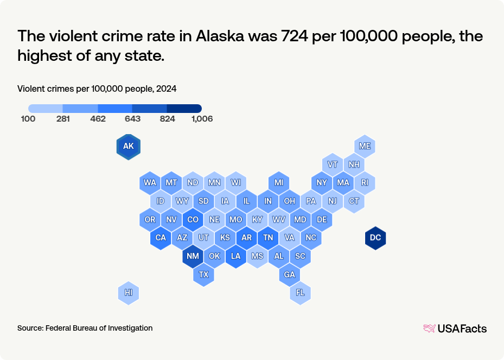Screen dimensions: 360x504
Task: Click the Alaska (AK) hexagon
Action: [129, 147]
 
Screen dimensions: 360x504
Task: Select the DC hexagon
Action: [375, 238]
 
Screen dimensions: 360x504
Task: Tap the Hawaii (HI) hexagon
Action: [129, 293]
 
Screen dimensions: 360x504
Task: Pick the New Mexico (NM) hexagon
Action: [193, 256]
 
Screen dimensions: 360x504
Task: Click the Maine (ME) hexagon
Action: [365, 147]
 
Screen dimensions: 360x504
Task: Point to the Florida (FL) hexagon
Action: [300, 293]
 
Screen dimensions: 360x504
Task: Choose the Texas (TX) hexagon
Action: [203, 275]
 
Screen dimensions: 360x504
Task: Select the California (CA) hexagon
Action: [161, 238]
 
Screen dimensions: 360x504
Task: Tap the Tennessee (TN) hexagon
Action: [268, 238]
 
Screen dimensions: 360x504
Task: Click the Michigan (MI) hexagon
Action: [279, 183]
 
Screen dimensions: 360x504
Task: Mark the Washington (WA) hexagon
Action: [150, 183]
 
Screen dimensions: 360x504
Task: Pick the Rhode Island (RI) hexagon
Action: [365, 183]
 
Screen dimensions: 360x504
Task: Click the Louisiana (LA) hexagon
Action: [235, 256]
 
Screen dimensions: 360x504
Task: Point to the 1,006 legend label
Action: [202, 119]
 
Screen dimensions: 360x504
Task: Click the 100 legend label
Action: [28, 119]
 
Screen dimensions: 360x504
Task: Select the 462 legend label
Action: [98, 119]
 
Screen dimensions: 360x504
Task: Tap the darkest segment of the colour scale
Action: [184, 109]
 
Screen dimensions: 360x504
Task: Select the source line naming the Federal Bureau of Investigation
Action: [85, 328]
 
